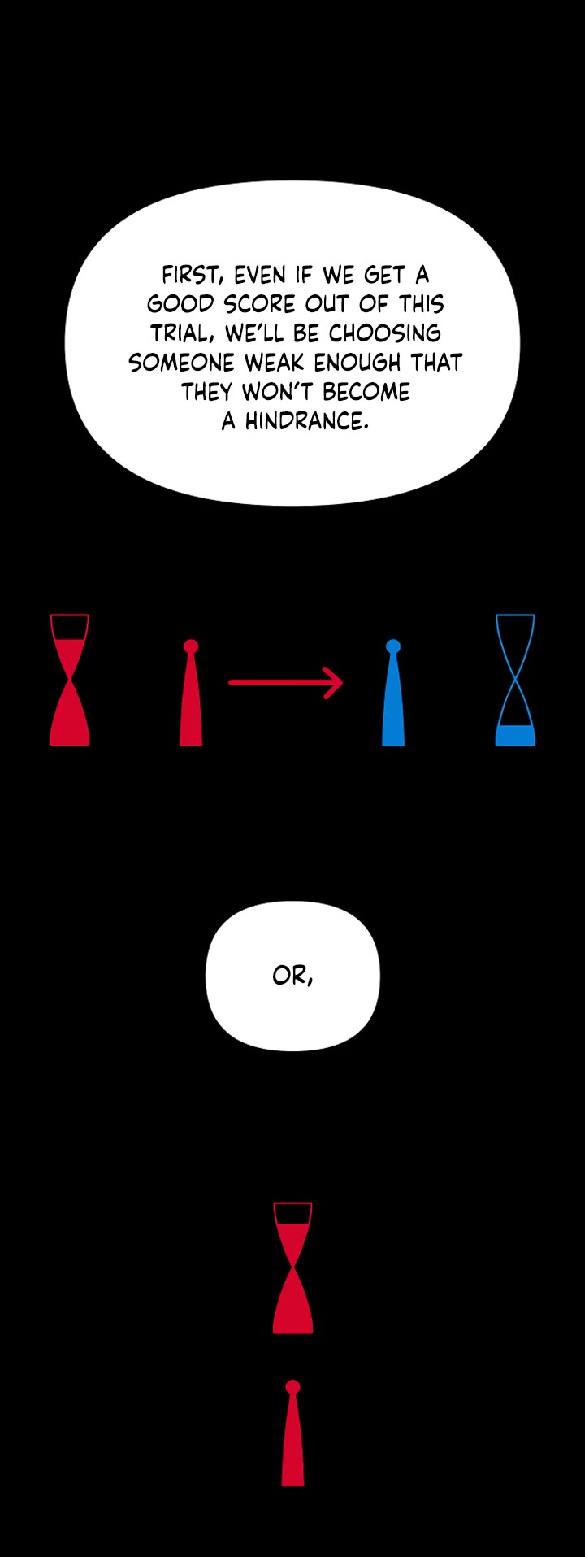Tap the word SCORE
[259, 304]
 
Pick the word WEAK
[272, 363]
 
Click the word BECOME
[366, 392]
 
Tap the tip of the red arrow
[343, 682]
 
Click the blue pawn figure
[393, 693]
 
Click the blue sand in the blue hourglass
[515, 735]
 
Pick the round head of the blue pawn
[393, 647]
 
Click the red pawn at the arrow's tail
[191, 693]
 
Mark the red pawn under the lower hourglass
[293, 1433]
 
